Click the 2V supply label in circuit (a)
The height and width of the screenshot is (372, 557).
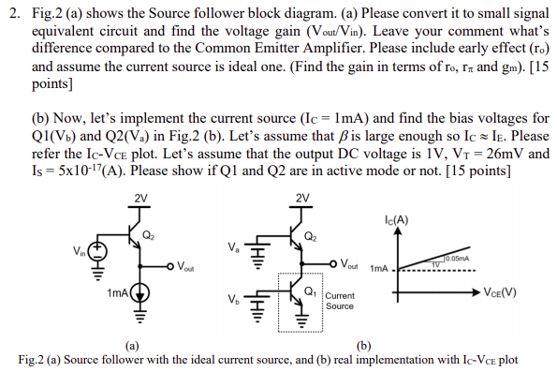tap(140, 197)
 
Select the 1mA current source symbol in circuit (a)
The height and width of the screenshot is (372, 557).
tap(140, 293)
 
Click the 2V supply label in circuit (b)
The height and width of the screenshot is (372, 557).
tap(301, 197)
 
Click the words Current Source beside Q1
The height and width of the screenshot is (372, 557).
tap(339, 303)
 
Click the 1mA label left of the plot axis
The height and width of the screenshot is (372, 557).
tap(379, 267)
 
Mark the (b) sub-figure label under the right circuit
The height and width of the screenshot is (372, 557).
tap(367, 347)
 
